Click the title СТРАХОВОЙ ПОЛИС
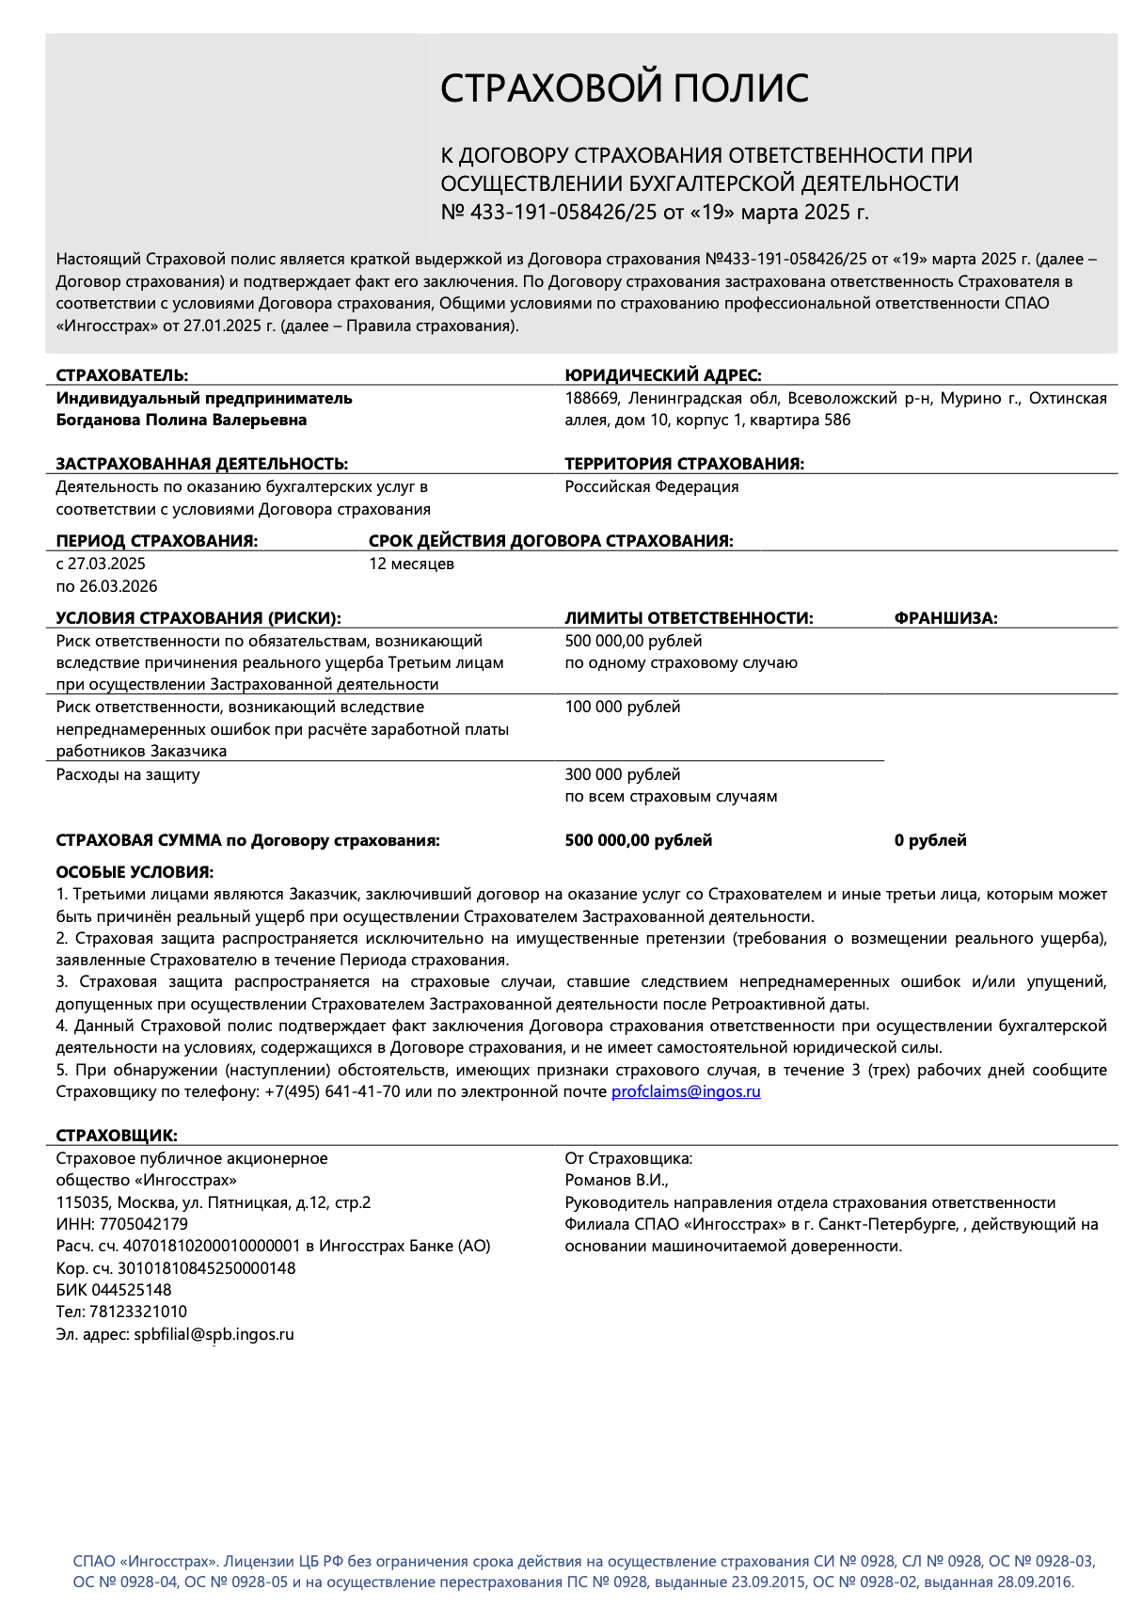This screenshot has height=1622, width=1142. pos(625,88)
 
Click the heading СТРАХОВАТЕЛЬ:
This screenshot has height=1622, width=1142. pos(122,375)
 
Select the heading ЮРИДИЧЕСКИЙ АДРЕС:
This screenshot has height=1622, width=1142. pos(662,375)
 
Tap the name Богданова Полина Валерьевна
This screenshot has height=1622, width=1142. pos(182,420)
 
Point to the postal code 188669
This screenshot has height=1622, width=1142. pos(592,398)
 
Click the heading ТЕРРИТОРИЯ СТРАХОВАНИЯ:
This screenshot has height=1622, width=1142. pos(684,464)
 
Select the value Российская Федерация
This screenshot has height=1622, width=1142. pos(651,486)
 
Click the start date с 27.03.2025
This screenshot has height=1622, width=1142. pos(101,564)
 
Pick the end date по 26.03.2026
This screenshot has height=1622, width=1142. pos(106,586)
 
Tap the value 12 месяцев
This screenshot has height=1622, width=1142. pos(411,564)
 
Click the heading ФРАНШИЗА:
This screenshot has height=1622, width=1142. pos(945,618)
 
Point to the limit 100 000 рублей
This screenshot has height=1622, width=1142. pos(622,707)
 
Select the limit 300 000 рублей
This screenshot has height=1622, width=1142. pos(622,774)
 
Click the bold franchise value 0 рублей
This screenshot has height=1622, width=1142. pos(930,840)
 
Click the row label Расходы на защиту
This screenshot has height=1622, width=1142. pos(128,774)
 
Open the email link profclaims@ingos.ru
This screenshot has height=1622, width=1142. pos(686,1091)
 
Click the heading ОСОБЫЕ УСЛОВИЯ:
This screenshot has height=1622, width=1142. pos(135,872)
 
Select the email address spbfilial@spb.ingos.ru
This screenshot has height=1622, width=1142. pos(214,1334)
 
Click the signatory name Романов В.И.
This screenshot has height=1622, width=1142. pos(615,1180)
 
